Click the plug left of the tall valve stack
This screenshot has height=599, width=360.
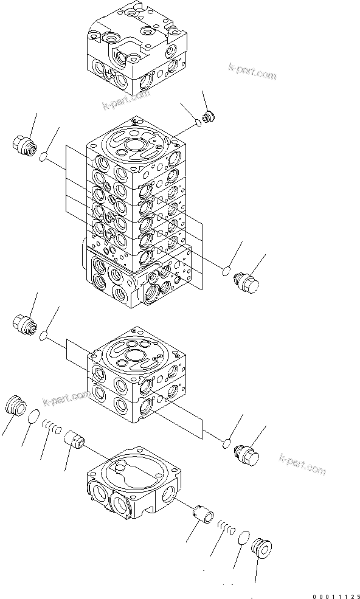click(23, 145)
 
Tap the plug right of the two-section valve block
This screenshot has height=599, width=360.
click(247, 454)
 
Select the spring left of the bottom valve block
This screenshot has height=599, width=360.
click(52, 429)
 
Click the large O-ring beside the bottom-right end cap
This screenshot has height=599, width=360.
click(243, 538)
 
